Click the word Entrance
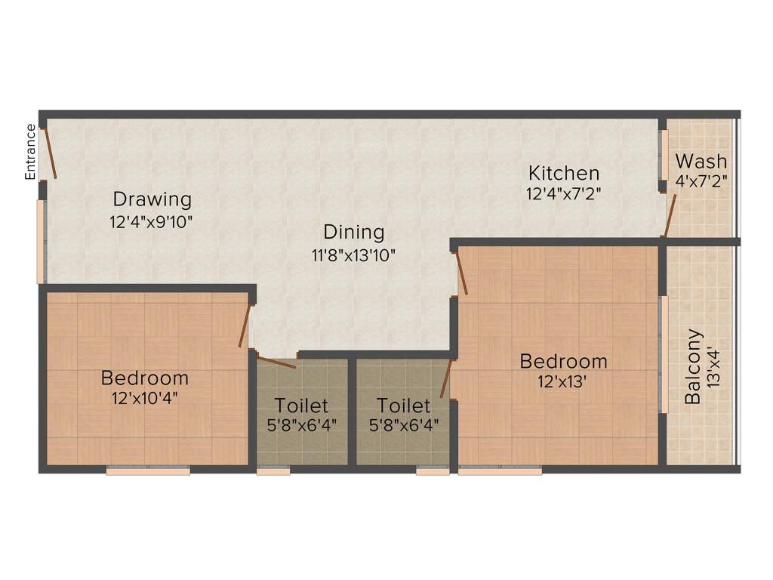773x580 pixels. pyautogui.click(x=31, y=151)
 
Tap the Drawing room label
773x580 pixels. pyautogui.click(x=152, y=199)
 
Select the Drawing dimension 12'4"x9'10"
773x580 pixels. pyautogui.click(x=152, y=223)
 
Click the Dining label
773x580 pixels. pyautogui.click(x=354, y=232)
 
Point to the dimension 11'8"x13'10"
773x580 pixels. pyautogui.click(x=354, y=255)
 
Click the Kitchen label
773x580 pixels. pyautogui.click(x=564, y=173)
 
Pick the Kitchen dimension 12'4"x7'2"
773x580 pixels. pyautogui.click(x=564, y=193)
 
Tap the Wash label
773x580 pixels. pyautogui.click(x=701, y=161)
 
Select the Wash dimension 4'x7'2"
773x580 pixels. pyautogui.click(x=701, y=181)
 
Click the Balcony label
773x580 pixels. pyautogui.click(x=692, y=366)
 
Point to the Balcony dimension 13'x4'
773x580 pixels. pyautogui.click(x=714, y=366)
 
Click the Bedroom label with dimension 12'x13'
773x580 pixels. pyautogui.click(x=563, y=362)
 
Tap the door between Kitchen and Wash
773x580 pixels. pyautogui.click(x=669, y=216)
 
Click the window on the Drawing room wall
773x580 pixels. pyautogui.click(x=42, y=241)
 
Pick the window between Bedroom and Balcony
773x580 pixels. pyautogui.click(x=664, y=354)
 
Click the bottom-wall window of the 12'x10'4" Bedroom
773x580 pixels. pyautogui.click(x=148, y=470)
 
